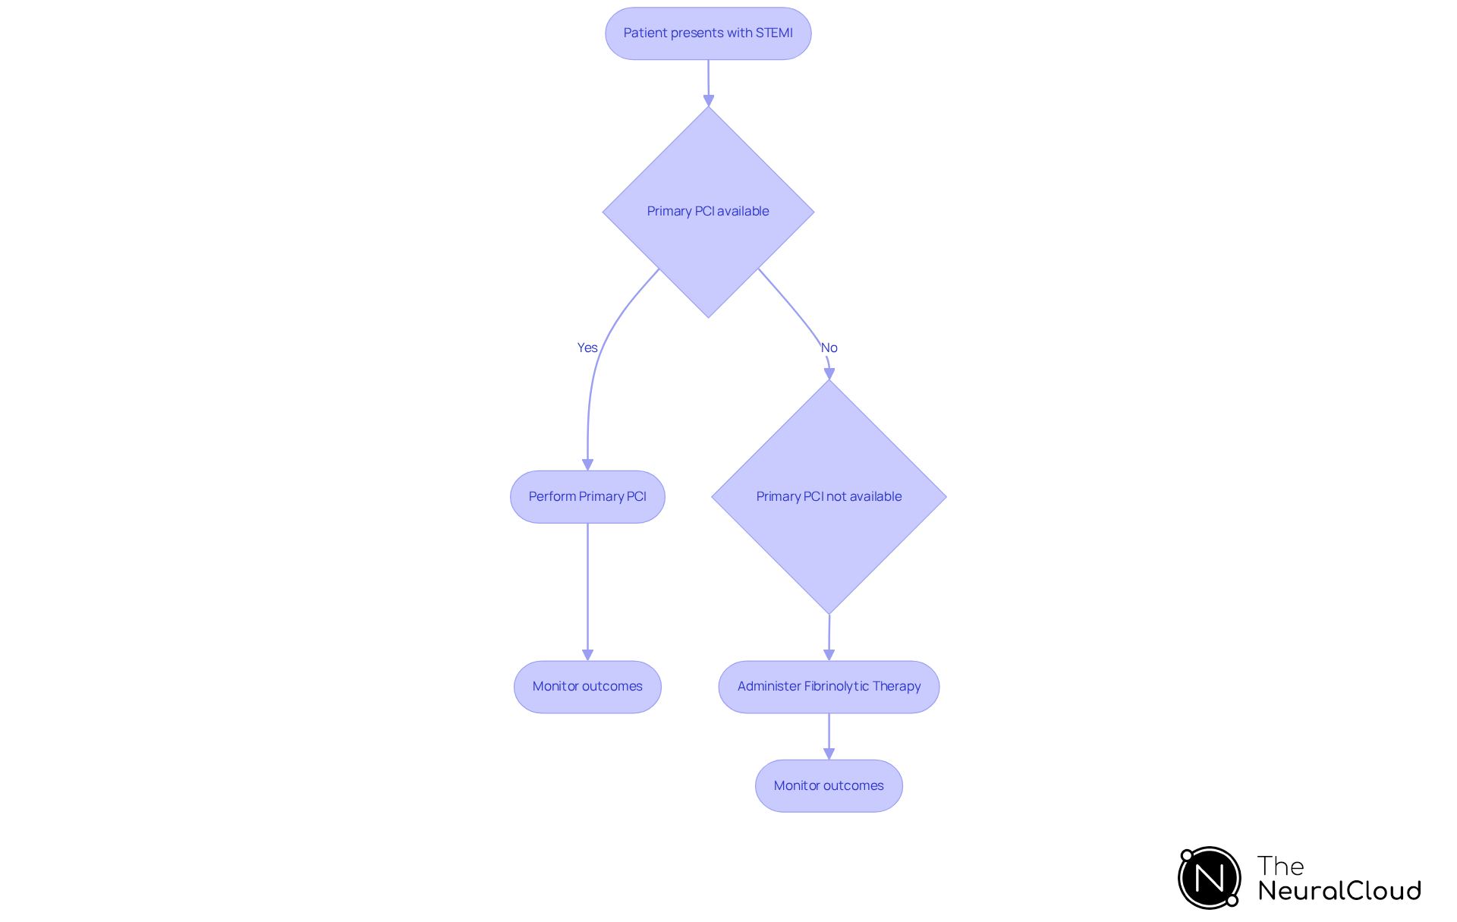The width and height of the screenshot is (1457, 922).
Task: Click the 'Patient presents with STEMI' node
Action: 708,33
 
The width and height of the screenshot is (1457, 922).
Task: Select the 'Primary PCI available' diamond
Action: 708,211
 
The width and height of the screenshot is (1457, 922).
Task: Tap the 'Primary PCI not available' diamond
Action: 829,496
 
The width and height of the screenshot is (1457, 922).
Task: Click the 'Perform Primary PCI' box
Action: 587,496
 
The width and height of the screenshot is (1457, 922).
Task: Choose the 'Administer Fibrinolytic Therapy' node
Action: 829,687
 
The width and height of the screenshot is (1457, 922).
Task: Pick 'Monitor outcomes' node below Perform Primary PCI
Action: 587,687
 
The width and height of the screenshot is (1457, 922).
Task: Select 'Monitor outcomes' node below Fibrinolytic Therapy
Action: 829,785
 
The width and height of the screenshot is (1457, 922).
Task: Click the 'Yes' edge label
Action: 587,348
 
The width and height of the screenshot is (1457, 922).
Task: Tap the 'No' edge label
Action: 829,348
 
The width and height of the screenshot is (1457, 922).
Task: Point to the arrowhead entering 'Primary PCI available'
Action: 709,100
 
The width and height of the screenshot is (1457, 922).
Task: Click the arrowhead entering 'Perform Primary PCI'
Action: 587,464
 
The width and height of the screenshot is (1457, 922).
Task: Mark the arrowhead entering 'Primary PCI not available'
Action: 829,373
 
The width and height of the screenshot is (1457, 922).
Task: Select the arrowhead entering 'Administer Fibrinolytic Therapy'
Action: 829,654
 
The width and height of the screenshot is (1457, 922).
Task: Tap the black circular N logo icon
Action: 1210,878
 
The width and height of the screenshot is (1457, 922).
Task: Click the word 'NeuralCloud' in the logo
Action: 1339,891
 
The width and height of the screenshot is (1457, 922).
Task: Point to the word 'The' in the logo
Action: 1280,866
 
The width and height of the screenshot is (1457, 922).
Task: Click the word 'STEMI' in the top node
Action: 774,33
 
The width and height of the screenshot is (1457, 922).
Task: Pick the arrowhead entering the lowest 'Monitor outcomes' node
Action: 829,754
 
